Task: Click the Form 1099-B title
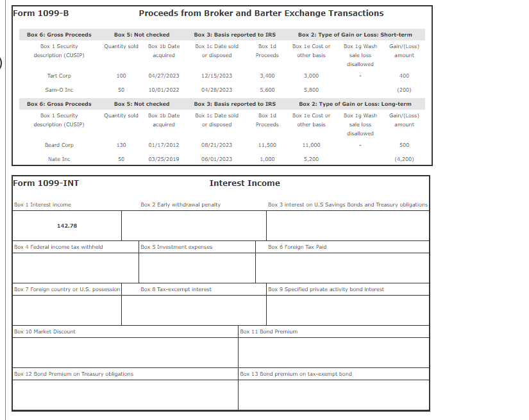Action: click(x=41, y=13)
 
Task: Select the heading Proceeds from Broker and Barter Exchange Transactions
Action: click(x=261, y=13)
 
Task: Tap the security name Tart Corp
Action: click(x=59, y=76)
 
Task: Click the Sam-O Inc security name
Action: click(x=59, y=90)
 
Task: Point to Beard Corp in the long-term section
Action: click(x=59, y=145)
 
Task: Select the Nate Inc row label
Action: click(x=59, y=159)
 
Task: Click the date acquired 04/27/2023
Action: click(x=164, y=76)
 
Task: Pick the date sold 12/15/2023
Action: click(x=217, y=76)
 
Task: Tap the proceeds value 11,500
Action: click(x=267, y=145)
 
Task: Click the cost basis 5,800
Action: click(x=311, y=90)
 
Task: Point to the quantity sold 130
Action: click(x=121, y=145)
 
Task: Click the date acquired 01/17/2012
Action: click(x=164, y=145)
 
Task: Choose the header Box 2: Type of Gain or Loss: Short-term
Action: click(x=355, y=35)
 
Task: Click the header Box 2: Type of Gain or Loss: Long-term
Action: click(x=355, y=104)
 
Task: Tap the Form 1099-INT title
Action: click(x=46, y=183)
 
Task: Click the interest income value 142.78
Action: click(x=67, y=226)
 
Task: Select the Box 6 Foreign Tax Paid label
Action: click(x=297, y=247)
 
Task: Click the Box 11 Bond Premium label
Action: click(x=269, y=332)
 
